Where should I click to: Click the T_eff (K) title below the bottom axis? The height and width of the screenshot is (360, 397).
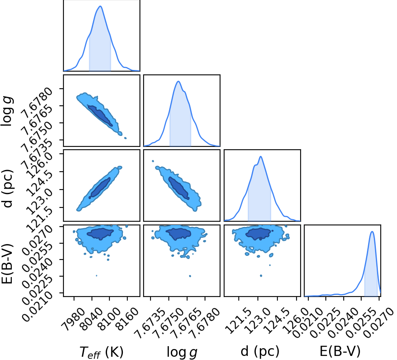click(102, 352)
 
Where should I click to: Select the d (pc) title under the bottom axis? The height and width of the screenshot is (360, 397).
click(260, 351)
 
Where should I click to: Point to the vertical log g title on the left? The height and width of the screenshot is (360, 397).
click(7, 111)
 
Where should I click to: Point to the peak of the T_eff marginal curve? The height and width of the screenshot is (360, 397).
click(100, 6)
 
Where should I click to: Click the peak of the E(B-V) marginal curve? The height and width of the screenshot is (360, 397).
click(372, 231)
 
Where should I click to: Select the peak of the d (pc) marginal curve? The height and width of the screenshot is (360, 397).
click(260, 157)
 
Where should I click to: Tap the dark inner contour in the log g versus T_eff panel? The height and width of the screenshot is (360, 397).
click(100, 116)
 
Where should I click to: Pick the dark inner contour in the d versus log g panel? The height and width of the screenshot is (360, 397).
click(179, 188)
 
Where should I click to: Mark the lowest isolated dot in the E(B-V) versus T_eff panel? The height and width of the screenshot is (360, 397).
click(96, 275)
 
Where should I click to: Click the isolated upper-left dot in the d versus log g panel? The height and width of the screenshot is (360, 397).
click(153, 161)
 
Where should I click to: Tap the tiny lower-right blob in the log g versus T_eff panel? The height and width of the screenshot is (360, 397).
click(125, 138)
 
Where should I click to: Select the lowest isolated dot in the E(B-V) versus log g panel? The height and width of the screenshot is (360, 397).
click(190, 276)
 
